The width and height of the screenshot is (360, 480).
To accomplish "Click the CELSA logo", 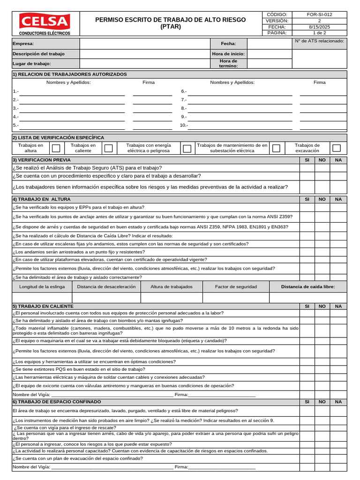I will (x=45, y=23).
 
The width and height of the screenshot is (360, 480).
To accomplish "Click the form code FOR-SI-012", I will (x=319, y=15).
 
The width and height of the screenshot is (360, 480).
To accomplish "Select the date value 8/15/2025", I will (x=319, y=27).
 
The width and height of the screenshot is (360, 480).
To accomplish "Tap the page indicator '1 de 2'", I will (x=319, y=33).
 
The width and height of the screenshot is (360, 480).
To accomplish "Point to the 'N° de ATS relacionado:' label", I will (x=319, y=41).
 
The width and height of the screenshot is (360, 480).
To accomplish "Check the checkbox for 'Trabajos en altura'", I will (x=56, y=148).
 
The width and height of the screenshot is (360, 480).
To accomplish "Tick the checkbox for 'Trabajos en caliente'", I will (x=108, y=148).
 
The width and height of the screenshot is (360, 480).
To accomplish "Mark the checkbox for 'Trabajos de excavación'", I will (x=336, y=148).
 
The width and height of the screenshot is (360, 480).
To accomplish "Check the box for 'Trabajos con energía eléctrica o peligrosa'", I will (x=187, y=148).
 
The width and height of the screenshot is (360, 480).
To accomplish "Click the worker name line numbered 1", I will (x=72, y=92).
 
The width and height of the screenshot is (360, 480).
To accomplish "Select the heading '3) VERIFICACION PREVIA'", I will (x=42, y=160).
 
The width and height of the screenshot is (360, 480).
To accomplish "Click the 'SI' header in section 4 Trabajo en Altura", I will (x=307, y=199).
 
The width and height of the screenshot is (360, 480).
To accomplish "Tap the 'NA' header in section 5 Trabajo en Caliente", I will (x=338, y=306).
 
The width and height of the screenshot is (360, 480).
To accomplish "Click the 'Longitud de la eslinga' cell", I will (x=42, y=286).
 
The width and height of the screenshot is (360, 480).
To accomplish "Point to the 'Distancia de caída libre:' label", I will (x=307, y=286).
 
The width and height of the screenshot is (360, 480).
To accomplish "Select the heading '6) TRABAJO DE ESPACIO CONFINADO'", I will (x=56, y=402).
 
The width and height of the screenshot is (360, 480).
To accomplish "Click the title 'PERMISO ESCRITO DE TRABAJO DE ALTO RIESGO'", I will (x=170, y=20).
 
